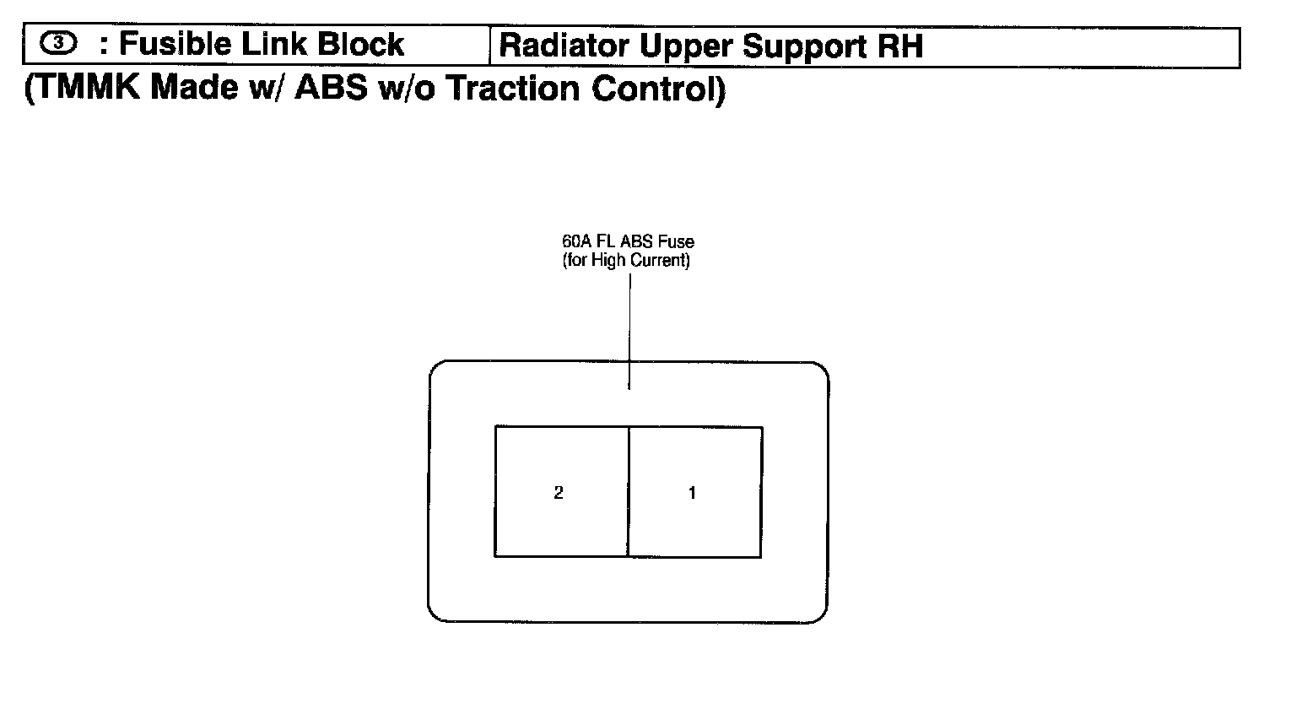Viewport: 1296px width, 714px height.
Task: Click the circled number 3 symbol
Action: click(x=58, y=44)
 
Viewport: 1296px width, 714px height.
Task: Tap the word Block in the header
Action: click(x=364, y=44)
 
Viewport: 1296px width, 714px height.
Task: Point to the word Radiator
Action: click(x=564, y=46)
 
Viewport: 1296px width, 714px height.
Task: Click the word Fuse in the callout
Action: click(x=677, y=242)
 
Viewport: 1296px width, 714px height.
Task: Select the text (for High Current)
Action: click(x=626, y=261)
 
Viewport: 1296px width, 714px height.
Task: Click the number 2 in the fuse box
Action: click(x=559, y=493)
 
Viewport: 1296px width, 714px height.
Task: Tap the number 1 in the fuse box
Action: click(x=692, y=493)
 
